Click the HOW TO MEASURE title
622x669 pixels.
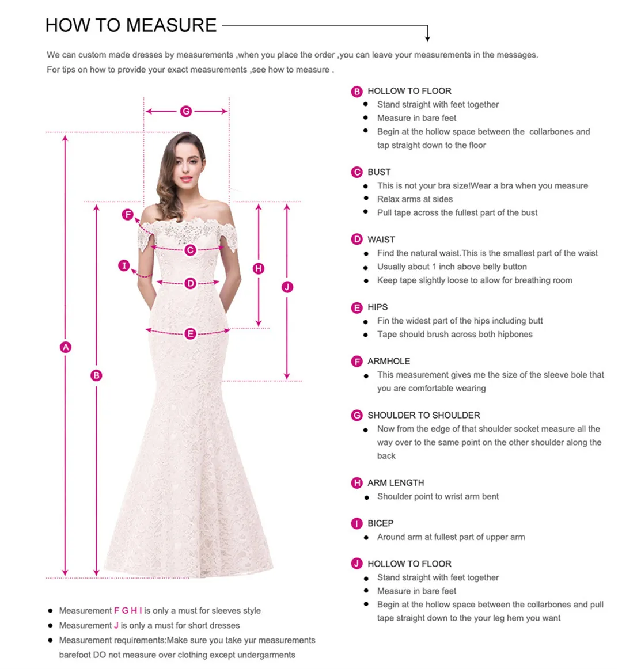[131, 25]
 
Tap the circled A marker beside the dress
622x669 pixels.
[66, 347]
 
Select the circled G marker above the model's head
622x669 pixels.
[186, 111]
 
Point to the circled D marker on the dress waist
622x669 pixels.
[191, 283]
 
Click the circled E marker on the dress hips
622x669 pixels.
[190, 334]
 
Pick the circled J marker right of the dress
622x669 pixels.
[287, 287]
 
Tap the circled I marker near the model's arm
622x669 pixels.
[124, 265]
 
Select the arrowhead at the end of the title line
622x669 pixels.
[427, 38]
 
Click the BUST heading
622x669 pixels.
[379, 172]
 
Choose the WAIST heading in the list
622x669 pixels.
[381, 240]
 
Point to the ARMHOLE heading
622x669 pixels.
[389, 362]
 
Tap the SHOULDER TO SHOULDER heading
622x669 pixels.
[423, 415]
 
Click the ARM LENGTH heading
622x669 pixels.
[396, 483]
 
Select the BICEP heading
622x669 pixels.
[380, 523]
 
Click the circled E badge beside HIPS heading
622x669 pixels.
[357, 308]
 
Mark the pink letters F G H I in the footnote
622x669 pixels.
[127, 610]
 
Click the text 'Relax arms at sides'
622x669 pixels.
[415, 199]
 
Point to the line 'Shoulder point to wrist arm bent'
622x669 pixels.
[438, 496]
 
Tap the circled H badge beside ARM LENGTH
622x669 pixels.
[357, 483]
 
